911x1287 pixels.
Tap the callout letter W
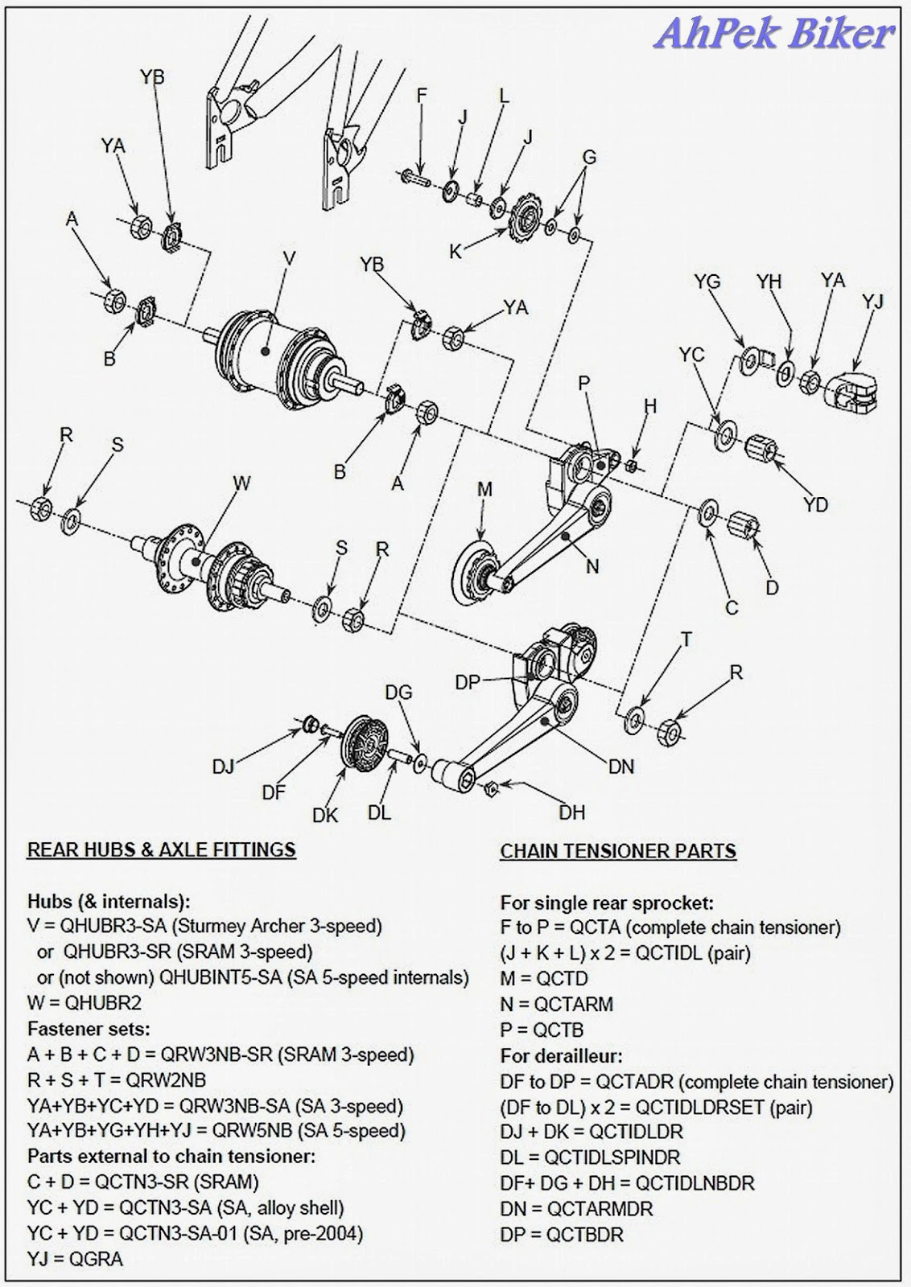tap(241, 483)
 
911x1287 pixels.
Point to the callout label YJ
tap(872, 302)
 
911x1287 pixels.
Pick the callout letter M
tap(484, 489)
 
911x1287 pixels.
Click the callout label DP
tap(468, 682)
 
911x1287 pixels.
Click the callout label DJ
tap(223, 767)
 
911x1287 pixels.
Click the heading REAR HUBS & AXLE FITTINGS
tap(161, 849)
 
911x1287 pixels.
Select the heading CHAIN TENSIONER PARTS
tap(618, 850)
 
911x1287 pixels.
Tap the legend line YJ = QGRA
tap(75, 1259)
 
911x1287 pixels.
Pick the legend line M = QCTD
tap(544, 978)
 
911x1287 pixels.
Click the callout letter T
tap(686, 639)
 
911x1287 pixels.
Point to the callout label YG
tap(707, 282)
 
